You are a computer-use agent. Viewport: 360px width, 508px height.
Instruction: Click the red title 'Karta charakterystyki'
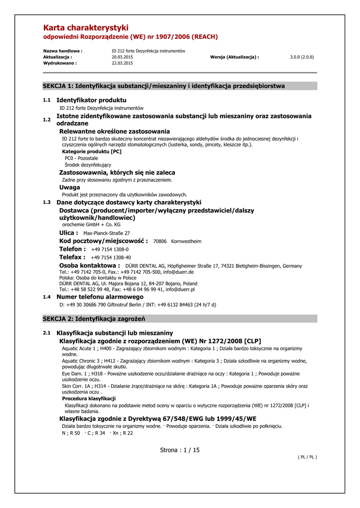click(86, 28)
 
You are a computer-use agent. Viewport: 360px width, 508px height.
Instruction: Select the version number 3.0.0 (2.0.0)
click(302, 57)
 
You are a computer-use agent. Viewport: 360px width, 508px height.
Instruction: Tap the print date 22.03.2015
click(122, 63)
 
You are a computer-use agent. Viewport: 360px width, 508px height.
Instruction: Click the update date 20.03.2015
click(122, 57)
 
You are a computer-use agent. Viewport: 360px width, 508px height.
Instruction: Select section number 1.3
click(47, 202)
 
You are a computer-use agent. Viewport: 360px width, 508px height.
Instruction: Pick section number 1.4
click(47, 297)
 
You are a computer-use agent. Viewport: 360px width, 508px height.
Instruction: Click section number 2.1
click(47, 333)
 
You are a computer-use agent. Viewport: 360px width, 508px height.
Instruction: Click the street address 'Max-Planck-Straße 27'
click(107, 233)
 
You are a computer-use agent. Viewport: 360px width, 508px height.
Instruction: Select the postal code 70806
click(160, 242)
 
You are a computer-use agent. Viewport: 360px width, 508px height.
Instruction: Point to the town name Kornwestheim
click(186, 242)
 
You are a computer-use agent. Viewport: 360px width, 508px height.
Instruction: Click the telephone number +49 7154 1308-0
click(110, 250)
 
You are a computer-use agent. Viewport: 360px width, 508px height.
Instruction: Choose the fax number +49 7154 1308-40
click(111, 258)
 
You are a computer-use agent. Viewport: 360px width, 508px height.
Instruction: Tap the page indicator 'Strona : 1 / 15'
click(180, 450)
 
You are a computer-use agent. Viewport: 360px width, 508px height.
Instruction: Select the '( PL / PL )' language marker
click(307, 457)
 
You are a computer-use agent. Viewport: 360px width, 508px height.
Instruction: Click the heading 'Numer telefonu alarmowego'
click(100, 297)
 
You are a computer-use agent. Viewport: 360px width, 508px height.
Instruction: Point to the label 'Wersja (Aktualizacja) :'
click(235, 57)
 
